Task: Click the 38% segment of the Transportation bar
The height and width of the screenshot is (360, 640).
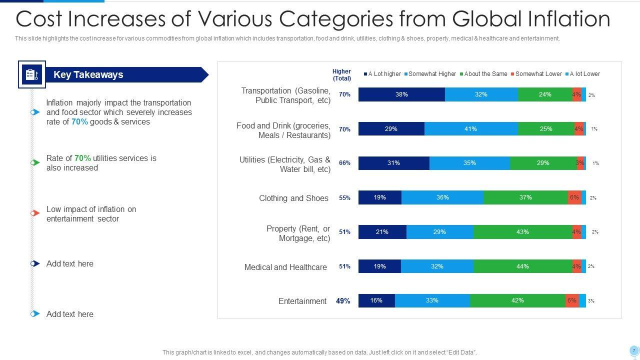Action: click(x=401, y=94)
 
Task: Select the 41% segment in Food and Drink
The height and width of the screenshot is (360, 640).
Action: click(x=470, y=129)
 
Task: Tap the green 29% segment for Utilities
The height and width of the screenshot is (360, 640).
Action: click(x=543, y=163)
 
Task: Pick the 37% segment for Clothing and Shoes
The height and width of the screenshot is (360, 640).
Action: click(x=525, y=197)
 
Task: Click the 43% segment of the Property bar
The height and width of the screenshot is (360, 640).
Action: click(x=522, y=232)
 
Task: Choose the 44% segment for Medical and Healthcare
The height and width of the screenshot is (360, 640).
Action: click(x=522, y=266)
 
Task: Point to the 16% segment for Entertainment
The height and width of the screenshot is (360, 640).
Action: click(x=376, y=300)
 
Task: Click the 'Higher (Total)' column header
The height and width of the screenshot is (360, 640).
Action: click(x=341, y=75)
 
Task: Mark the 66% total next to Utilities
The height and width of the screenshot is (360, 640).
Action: click(x=344, y=163)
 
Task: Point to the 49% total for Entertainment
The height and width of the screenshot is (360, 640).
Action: click(x=343, y=301)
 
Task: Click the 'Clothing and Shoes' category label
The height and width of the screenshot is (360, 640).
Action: click(x=293, y=198)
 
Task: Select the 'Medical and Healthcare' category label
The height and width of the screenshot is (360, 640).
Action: click(x=285, y=267)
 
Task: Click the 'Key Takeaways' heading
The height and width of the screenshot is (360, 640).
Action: click(x=88, y=75)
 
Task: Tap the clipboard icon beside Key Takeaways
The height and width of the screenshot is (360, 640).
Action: click(x=32, y=74)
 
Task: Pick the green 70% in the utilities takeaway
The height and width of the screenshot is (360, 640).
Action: click(x=82, y=158)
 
